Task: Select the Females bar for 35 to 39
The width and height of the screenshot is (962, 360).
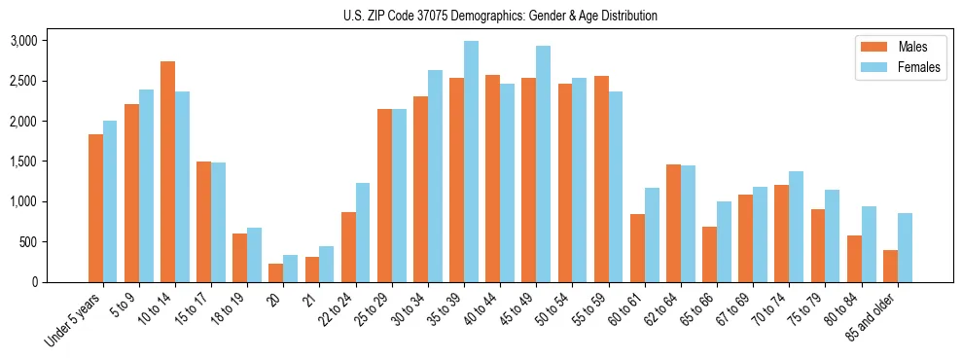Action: [471, 162]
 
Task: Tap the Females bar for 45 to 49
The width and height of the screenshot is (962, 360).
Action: [543, 164]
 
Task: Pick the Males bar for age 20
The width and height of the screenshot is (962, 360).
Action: [276, 272]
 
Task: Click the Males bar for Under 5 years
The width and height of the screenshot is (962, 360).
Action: [95, 208]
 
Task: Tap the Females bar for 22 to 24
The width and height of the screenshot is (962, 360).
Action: [363, 233]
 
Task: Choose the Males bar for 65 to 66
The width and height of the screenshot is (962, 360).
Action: [709, 254]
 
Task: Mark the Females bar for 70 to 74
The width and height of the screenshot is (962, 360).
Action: [796, 227]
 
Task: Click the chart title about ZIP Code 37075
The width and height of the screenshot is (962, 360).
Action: [500, 16]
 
